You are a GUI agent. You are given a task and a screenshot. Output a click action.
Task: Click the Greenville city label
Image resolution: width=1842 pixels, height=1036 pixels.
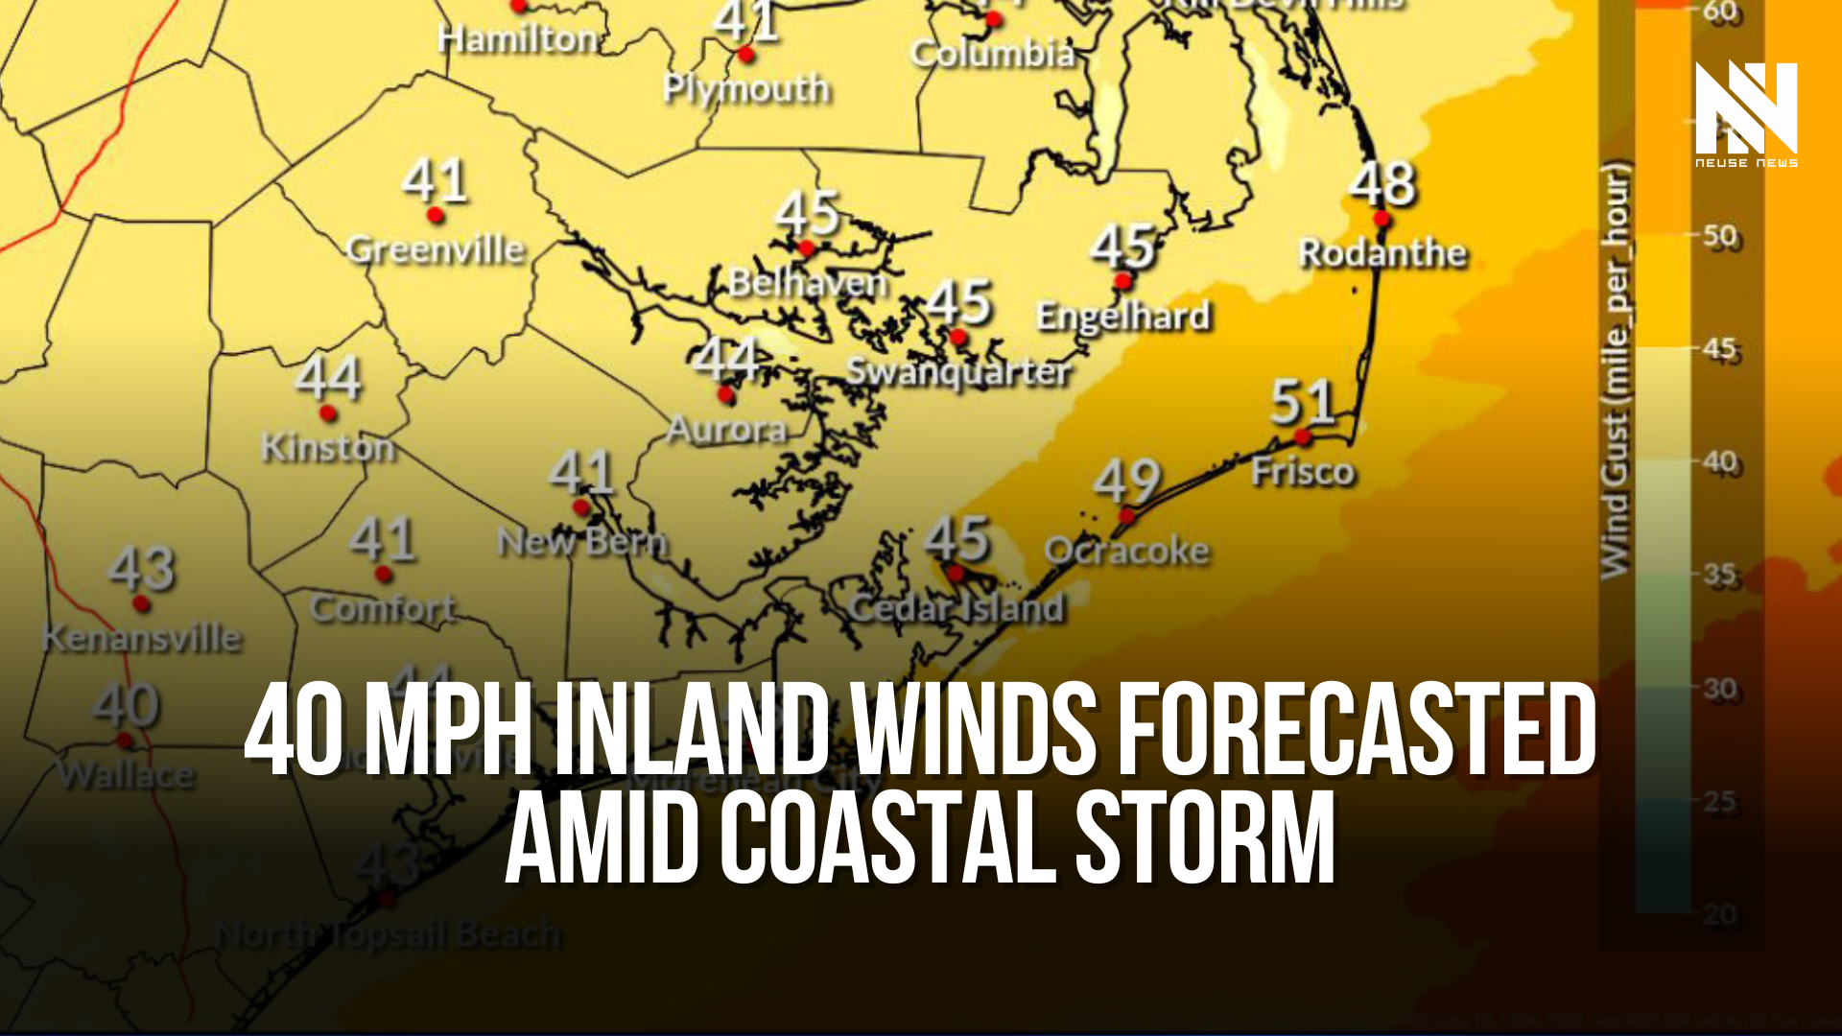[436, 249]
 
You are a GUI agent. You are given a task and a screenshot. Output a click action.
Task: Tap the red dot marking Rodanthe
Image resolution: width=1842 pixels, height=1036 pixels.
[1381, 220]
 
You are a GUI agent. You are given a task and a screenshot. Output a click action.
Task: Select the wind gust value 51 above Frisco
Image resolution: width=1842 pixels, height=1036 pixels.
[1303, 402]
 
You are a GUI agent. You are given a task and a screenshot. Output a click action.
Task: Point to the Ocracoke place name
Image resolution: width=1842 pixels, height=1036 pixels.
[1126, 551]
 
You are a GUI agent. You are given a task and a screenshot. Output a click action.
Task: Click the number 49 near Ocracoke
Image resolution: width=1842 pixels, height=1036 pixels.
[1127, 481]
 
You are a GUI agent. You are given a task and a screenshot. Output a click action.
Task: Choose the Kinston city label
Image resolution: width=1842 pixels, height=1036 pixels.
[328, 448]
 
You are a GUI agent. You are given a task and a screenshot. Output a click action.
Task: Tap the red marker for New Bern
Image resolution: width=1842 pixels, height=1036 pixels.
[581, 507]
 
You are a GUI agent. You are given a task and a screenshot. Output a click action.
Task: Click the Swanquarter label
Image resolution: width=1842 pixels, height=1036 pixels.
[957, 372]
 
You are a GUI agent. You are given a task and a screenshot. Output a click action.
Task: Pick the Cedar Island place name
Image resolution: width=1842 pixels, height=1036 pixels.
[957, 608]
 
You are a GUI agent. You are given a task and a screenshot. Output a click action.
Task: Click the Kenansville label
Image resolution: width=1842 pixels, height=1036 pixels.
[142, 638]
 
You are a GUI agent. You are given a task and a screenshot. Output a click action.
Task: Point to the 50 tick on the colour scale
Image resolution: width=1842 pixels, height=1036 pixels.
[1720, 236]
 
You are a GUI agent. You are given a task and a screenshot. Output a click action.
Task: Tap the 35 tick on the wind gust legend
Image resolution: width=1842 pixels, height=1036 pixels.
[1720, 575]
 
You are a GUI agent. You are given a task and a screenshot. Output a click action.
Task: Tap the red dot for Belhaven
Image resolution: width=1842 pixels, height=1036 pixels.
[807, 248]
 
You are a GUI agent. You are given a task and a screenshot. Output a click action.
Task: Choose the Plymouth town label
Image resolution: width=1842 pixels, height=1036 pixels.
[746, 89]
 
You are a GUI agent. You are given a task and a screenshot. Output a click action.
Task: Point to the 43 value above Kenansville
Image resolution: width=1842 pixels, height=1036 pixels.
[142, 568]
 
